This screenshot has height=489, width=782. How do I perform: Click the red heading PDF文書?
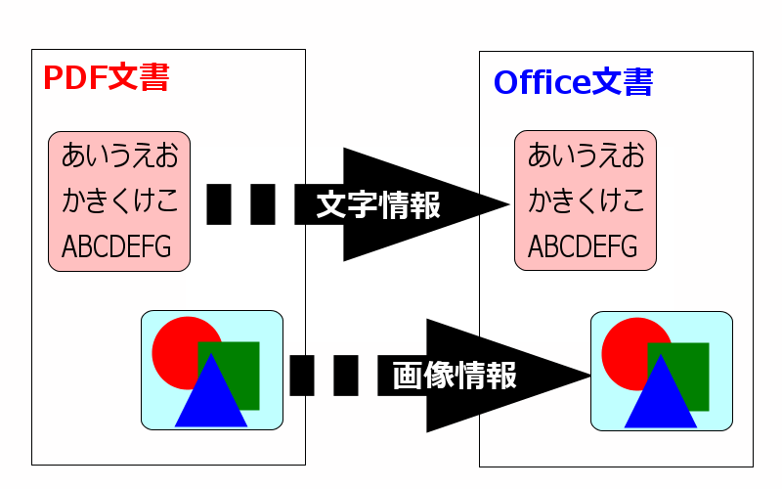[106, 78]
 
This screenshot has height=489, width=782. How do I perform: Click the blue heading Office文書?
[573, 83]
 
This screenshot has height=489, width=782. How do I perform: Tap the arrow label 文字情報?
[378, 205]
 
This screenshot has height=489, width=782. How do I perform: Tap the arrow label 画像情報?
[455, 376]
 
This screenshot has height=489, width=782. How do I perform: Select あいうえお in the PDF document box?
[119, 156]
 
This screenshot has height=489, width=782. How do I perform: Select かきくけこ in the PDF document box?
[119, 201]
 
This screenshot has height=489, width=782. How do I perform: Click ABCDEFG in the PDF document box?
[116, 246]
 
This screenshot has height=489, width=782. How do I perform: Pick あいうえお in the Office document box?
[586, 156]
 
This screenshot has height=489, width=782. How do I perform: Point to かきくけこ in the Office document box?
[586, 201]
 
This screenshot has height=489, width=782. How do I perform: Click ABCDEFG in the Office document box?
[583, 246]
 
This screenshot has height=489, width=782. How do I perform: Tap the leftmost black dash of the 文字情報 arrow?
[218, 203]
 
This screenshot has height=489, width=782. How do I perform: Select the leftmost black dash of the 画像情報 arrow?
[302, 376]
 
